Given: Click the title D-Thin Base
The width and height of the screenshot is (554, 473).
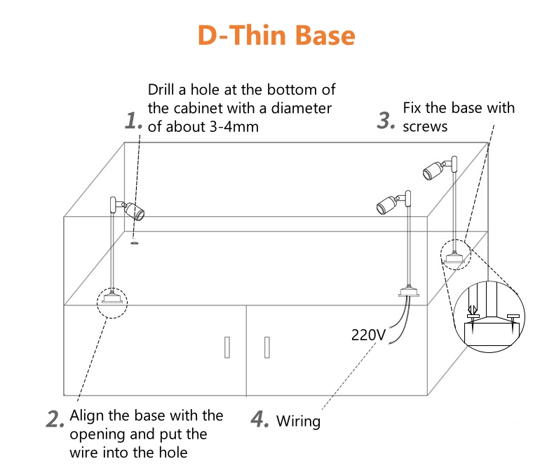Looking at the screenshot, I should pos(276,34).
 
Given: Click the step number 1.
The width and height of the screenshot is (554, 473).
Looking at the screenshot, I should pos(133,121).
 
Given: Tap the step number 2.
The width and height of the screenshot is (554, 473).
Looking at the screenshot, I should pos(55,419).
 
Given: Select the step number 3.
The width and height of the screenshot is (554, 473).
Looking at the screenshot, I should pos(386,120).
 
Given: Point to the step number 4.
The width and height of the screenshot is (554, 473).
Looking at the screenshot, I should pos(260,419).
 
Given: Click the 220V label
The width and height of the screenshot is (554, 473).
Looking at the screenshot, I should pos(368,335).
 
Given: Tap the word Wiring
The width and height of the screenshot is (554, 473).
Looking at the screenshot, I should pos(298,422).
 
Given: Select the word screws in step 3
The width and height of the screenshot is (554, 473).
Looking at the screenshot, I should pos(425,126).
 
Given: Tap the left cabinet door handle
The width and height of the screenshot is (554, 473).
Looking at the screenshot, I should pos(227,347).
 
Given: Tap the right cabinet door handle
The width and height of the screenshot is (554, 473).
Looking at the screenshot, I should pos(266,347).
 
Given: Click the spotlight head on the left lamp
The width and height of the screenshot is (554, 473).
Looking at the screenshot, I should pos(133,211).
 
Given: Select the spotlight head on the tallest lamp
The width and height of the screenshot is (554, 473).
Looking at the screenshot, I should pos(432,169).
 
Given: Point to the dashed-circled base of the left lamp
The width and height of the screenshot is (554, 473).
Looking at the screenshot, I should pos(112,298).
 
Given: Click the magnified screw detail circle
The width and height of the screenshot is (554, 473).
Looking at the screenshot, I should pos(492,316).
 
